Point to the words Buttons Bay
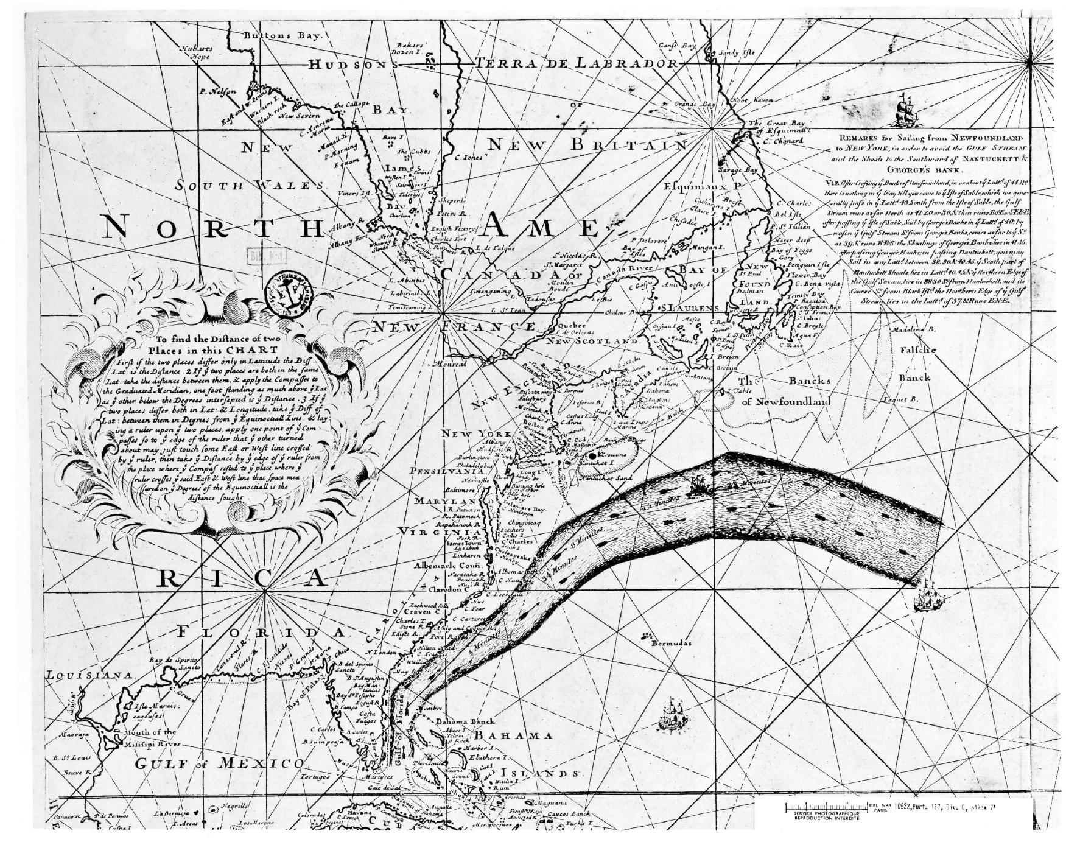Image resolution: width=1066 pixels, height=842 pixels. click(x=281, y=35)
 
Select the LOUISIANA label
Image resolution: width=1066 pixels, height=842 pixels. click(x=89, y=675)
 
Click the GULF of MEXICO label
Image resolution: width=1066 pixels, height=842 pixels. click(x=219, y=763)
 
